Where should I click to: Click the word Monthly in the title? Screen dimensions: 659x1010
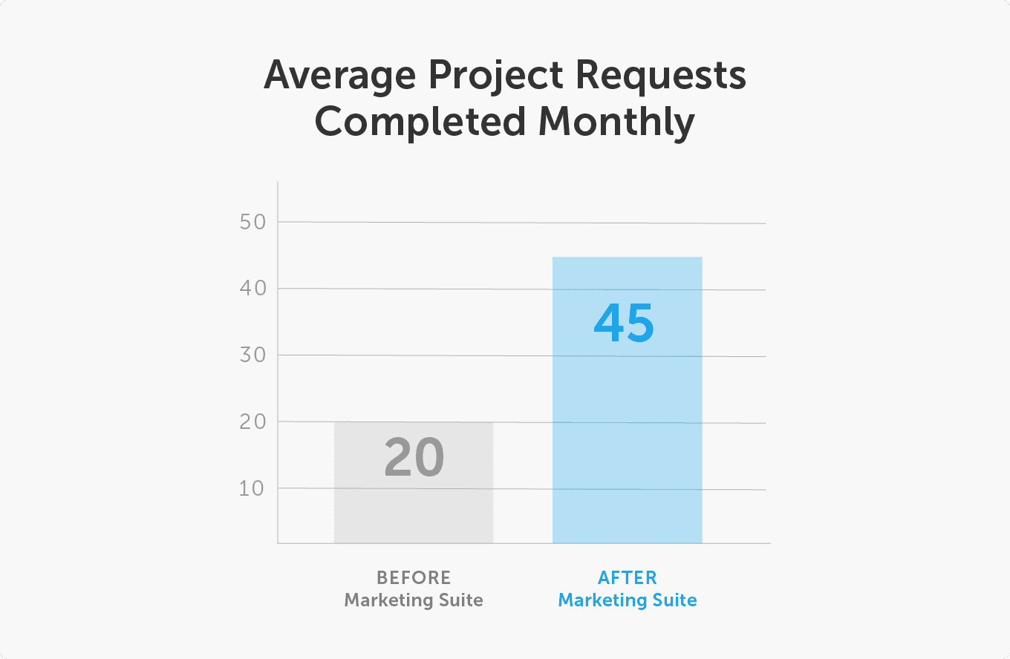pyautogui.click(x=617, y=122)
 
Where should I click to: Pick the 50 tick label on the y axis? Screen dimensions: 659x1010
pyautogui.click(x=253, y=222)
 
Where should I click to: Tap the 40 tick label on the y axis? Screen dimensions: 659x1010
pyautogui.click(x=253, y=288)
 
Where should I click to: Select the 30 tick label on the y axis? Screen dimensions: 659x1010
pyautogui.click(x=253, y=355)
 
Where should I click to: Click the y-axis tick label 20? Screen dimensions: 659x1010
pyautogui.click(x=253, y=422)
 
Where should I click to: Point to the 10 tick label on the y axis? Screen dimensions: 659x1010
pyautogui.click(x=253, y=488)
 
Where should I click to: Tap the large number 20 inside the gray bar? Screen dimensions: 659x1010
pyautogui.click(x=414, y=458)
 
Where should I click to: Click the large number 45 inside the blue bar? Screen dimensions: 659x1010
pyautogui.click(x=624, y=324)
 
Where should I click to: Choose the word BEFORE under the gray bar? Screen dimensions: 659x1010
pyautogui.click(x=414, y=577)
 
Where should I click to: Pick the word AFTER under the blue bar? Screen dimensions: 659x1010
pyautogui.click(x=628, y=577)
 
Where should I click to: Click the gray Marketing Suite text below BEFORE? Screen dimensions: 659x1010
pyautogui.click(x=414, y=600)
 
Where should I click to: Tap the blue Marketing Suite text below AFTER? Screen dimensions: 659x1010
pyautogui.click(x=628, y=600)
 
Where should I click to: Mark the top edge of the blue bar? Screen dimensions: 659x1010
pyautogui.click(x=628, y=258)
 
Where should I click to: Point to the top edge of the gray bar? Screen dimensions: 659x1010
pyautogui.click(x=414, y=423)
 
